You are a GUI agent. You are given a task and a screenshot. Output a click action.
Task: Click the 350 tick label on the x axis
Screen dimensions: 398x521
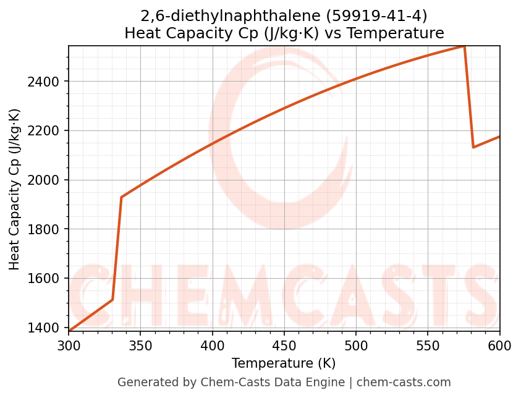(x=140, y=345)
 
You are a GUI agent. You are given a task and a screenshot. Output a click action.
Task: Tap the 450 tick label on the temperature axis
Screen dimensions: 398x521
(x=284, y=345)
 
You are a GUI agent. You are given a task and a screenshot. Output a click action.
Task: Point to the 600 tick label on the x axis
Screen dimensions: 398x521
(x=499, y=345)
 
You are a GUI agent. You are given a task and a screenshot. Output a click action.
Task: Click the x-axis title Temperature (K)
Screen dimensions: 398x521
(x=284, y=363)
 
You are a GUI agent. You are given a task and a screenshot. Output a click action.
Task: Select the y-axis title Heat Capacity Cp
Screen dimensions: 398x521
(x=15, y=188)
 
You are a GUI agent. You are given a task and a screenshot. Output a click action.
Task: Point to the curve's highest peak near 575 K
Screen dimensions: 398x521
(x=464, y=46)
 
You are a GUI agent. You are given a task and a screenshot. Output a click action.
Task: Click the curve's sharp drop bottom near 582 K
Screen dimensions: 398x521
(x=473, y=147)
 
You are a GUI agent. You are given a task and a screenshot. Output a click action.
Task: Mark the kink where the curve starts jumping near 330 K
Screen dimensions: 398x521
(x=112, y=300)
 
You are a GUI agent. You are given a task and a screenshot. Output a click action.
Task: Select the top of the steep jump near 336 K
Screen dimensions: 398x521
(x=121, y=197)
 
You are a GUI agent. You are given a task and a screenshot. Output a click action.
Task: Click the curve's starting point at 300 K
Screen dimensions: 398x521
(x=69, y=331)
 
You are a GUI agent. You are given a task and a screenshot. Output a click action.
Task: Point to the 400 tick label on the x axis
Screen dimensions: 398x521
(x=212, y=345)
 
